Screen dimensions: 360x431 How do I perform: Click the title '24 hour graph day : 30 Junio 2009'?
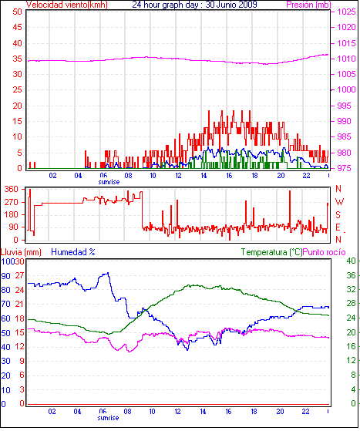coord(194,5)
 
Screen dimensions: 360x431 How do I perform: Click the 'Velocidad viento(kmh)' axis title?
coord(67,5)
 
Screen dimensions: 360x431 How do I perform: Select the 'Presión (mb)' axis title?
coord(308,5)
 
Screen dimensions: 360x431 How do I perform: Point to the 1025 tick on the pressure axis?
coord(346,12)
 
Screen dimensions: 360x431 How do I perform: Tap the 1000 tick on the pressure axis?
coord(346,89)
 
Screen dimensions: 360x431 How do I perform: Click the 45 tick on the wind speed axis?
coord(17,27)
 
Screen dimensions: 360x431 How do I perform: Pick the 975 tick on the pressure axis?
coord(344,168)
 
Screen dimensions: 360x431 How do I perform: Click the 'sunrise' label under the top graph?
coord(109,182)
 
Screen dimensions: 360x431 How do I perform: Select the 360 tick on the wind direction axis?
coord(12,189)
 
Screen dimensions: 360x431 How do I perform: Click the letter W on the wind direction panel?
coord(339,202)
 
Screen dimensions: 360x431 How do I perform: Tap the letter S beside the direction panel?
coord(338,214)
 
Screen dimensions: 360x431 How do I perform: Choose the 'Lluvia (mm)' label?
coord(21,252)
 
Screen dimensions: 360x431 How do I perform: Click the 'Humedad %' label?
coord(73,252)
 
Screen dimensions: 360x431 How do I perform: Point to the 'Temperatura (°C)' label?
coord(271,252)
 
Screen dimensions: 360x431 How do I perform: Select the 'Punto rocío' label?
coord(324,252)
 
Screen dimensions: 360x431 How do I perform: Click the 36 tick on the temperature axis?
coord(351,275)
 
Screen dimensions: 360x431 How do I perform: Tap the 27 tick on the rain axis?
coord(19,276)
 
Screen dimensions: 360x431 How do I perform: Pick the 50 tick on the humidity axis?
coord(5,333)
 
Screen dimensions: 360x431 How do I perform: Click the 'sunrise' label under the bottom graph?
coord(108,418)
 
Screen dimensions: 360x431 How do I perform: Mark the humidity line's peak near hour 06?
coord(108,273)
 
